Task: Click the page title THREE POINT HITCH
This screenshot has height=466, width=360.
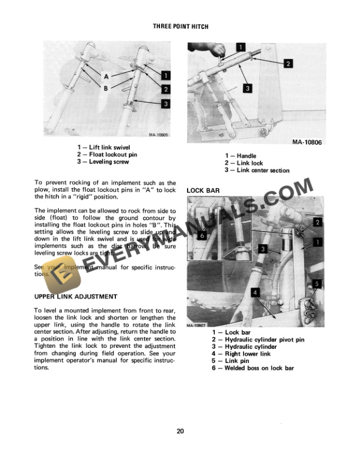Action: [x=181, y=27]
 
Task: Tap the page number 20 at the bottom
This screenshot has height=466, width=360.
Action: [x=180, y=431]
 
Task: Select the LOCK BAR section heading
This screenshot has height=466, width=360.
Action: [x=204, y=191]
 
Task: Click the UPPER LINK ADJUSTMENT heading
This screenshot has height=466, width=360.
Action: [x=76, y=296]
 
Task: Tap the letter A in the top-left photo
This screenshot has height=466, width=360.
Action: [x=106, y=76]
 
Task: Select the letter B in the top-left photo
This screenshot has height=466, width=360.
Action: [x=106, y=88]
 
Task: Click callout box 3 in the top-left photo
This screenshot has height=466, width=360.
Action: [x=166, y=104]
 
